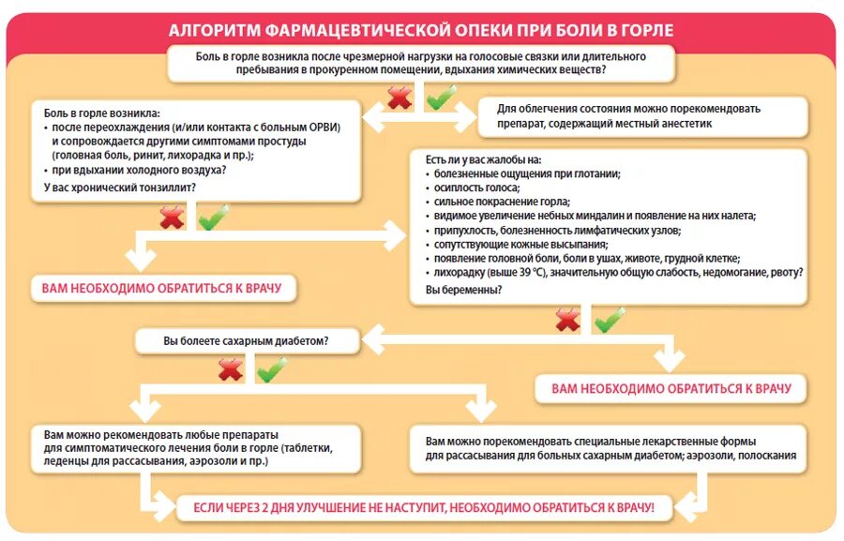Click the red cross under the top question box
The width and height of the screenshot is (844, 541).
(400, 98)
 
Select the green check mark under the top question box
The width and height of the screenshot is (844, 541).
(440, 96)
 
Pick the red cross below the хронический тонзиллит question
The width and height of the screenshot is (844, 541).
(172, 218)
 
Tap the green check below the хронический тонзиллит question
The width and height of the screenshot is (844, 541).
(213, 217)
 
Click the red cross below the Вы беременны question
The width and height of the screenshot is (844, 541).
(568, 321)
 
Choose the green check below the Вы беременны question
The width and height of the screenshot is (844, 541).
(610, 320)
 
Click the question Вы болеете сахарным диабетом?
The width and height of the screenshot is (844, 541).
(247, 340)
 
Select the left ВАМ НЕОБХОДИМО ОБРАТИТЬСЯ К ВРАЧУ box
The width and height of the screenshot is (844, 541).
(161, 288)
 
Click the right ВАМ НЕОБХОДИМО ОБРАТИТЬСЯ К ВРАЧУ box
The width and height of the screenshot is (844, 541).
(671, 387)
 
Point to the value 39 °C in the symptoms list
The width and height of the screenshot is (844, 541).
(519, 273)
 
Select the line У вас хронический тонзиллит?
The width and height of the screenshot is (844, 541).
(120, 188)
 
